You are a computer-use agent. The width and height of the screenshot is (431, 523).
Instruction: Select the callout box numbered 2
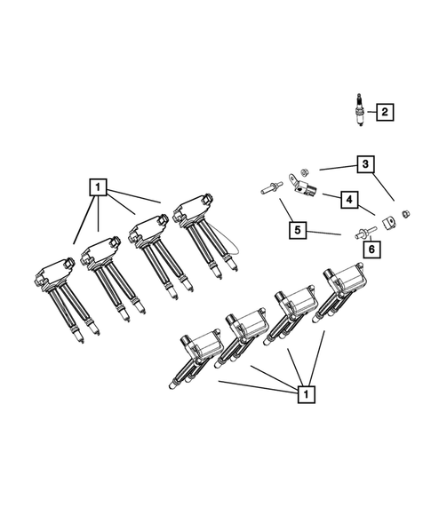pyautogui.click(x=384, y=112)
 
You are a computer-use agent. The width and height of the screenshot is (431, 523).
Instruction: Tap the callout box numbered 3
pyautogui.click(x=364, y=163)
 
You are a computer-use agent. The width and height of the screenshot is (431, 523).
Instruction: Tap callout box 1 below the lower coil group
pyautogui.click(x=306, y=392)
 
